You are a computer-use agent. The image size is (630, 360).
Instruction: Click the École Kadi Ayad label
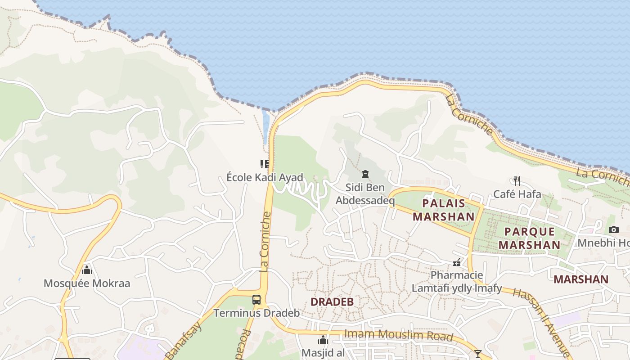(265, 177)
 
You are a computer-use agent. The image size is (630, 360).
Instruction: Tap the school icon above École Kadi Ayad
(265, 164)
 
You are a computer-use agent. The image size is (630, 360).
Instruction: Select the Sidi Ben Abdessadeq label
(365, 194)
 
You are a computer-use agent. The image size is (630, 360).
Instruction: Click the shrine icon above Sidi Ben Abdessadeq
(365, 174)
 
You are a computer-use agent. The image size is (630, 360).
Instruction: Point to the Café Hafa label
(517, 194)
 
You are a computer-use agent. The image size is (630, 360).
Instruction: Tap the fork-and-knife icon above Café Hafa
(517, 181)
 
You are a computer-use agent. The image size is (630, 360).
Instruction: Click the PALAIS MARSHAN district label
(443, 210)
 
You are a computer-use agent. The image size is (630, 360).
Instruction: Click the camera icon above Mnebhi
(613, 230)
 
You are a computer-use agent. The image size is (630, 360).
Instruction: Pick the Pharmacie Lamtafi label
(457, 282)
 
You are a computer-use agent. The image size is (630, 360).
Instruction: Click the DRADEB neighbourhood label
(332, 302)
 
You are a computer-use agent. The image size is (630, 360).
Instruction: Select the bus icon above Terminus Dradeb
(256, 300)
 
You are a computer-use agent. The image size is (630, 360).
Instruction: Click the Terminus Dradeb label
(256, 313)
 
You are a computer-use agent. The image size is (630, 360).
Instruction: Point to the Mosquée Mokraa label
(87, 283)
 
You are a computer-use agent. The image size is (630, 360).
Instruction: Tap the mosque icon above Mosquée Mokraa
(87, 270)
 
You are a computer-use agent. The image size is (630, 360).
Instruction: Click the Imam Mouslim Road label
(398, 335)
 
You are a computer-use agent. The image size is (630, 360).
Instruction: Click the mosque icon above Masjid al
(323, 340)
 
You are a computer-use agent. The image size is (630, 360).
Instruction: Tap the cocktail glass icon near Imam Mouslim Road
(478, 354)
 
